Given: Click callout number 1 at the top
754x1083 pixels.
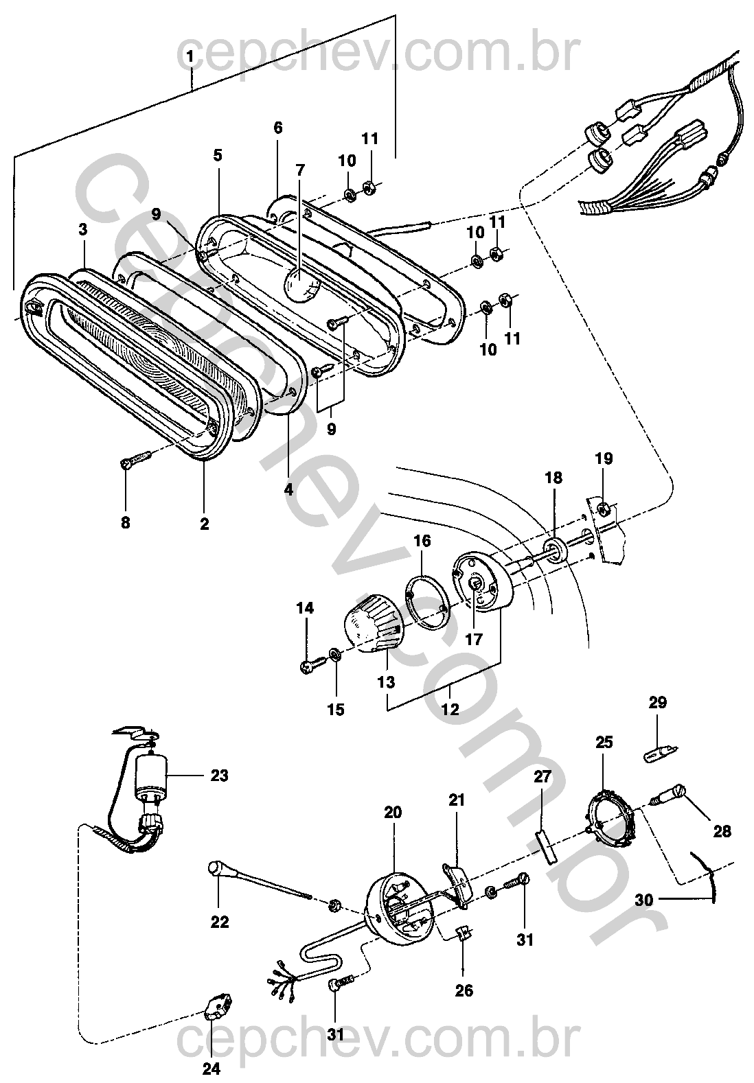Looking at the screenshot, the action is (x=190, y=56).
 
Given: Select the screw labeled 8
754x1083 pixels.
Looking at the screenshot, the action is (x=136, y=459).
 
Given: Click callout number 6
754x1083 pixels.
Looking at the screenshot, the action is (x=277, y=128).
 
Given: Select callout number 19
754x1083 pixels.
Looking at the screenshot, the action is (x=604, y=458).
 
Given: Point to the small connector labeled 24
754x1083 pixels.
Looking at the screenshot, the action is (x=220, y=1008).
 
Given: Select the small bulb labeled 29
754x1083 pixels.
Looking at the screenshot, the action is (x=660, y=754).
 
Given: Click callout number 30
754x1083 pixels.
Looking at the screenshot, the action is (x=644, y=900).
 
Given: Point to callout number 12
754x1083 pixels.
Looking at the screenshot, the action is (x=450, y=709).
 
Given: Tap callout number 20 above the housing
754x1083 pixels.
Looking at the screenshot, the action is (x=393, y=813).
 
